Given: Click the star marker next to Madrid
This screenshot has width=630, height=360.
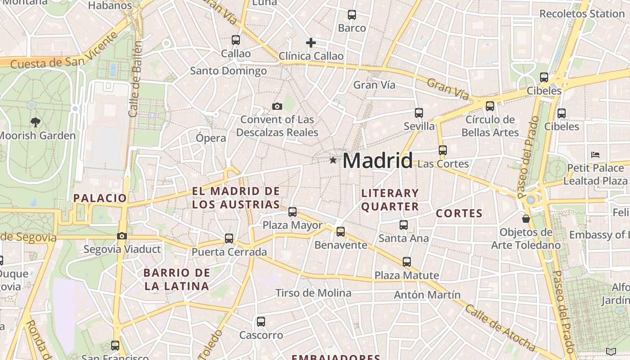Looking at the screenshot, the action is [x=333, y=160].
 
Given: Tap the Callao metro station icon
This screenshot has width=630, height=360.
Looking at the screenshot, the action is [x=236, y=40].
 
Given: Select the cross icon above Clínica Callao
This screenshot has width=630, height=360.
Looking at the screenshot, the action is [x=311, y=43].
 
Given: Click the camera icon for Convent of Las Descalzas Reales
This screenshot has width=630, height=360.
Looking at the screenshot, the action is [x=277, y=107].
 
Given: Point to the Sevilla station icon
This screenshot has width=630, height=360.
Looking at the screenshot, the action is [x=419, y=112].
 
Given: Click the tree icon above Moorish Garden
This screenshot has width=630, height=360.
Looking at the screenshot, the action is [x=35, y=122].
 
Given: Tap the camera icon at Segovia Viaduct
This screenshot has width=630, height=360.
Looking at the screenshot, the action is [x=121, y=236].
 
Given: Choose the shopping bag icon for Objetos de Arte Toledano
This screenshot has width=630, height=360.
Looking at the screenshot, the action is [x=526, y=219].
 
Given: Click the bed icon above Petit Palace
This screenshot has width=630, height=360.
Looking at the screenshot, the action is [x=595, y=155].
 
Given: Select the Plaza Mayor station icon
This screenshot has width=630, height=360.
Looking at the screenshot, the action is [x=292, y=211].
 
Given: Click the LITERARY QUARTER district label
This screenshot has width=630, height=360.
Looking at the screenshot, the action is [x=390, y=200].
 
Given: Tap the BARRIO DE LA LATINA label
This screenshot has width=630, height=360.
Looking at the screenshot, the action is [x=177, y=279].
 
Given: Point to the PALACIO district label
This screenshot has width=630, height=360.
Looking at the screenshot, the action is [x=100, y=198].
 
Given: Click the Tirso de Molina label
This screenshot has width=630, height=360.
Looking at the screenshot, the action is [x=313, y=293].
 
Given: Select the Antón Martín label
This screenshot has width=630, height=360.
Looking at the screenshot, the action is [x=427, y=295].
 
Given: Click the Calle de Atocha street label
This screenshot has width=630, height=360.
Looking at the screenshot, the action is [x=499, y=328].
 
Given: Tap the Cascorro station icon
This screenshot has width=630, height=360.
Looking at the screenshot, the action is [x=261, y=322].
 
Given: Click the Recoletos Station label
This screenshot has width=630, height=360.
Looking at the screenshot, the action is [x=582, y=13].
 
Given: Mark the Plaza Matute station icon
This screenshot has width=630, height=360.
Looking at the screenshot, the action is [x=407, y=262].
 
